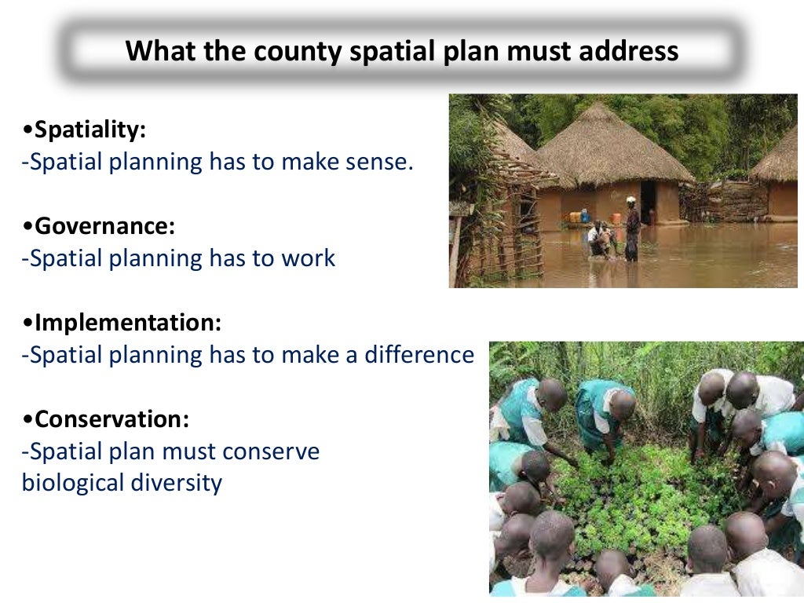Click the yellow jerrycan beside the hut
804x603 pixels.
576,217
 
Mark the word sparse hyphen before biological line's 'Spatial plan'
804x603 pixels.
25,452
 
